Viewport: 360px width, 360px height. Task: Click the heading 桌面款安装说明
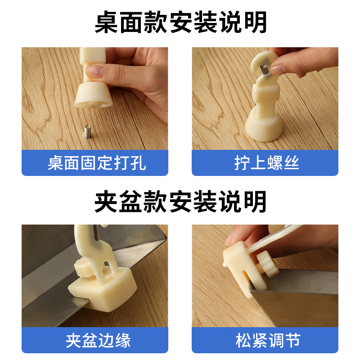coord(180,22)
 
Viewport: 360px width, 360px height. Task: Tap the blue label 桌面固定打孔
coord(95,163)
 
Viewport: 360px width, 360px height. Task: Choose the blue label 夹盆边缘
coord(95,340)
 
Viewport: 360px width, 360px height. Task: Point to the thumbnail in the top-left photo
coord(95,71)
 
